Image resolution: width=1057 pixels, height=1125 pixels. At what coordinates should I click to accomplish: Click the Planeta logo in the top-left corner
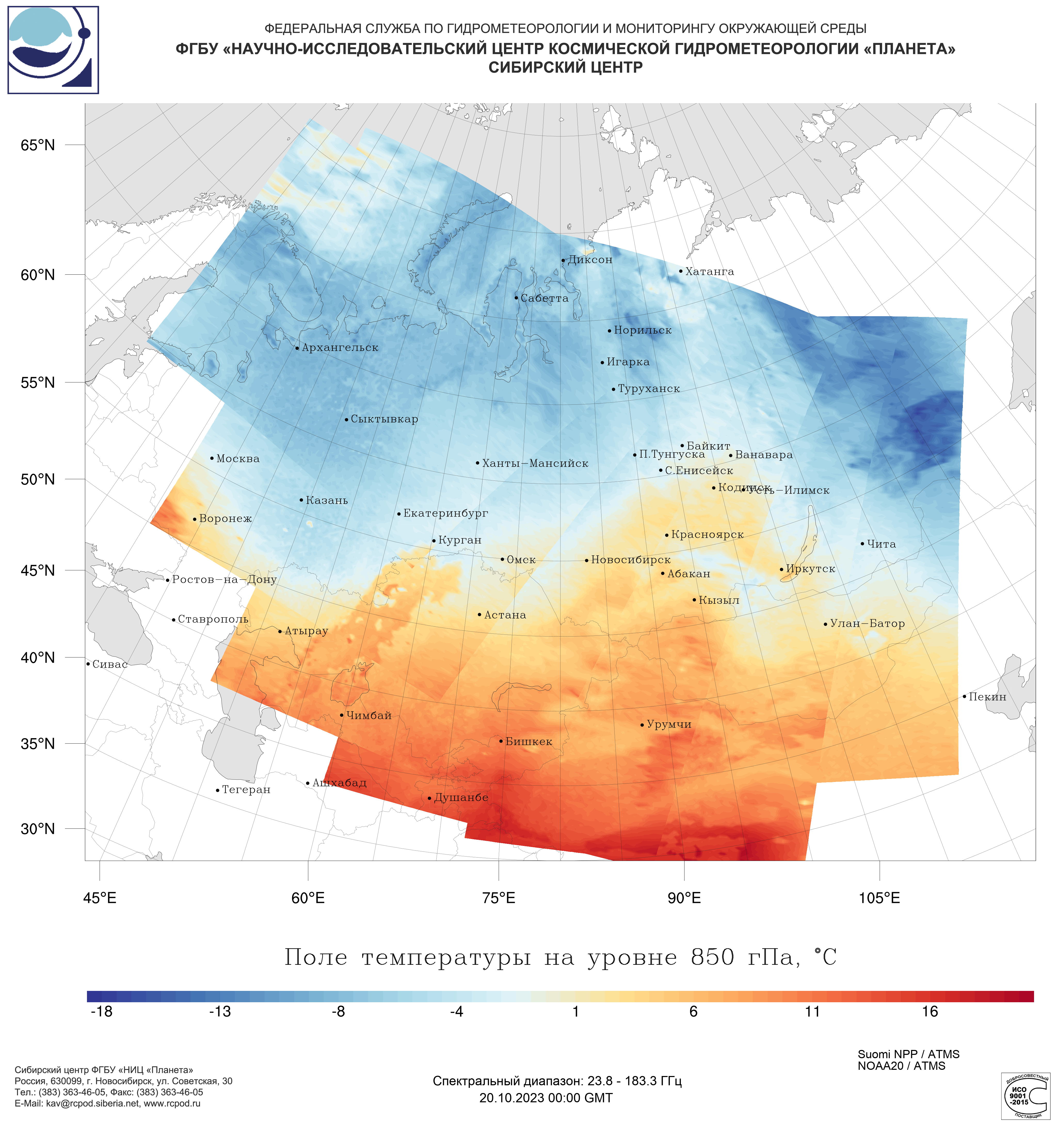tap(53, 50)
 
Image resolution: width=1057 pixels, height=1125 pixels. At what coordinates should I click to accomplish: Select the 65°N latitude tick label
tap(38, 145)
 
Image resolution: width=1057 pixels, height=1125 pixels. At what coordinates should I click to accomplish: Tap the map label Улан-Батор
tap(867, 624)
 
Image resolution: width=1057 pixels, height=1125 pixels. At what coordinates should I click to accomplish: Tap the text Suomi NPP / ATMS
tap(908, 1054)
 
